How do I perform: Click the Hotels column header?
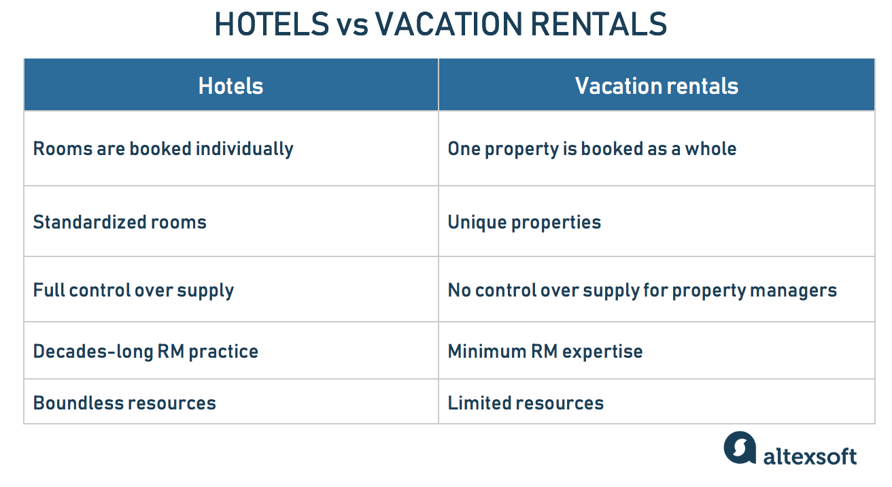coord(230,86)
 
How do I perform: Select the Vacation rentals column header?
coord(656,86)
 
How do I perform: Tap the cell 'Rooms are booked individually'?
coord(163,149)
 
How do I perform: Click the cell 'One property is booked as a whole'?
coord(591,149)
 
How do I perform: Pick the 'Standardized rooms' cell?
coord(120,222)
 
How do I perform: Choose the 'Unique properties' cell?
coord(524,222)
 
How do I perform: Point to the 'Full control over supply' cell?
coord(133,290)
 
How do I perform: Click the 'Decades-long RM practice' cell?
coord(145,352)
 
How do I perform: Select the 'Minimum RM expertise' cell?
coord(545,352)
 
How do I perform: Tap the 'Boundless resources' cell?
coord(124,403)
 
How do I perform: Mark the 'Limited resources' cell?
coord(526,403)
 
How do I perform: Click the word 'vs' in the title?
coord(352,25)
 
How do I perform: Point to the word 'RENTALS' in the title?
coord(599,25)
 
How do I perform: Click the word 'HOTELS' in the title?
coord(271,25)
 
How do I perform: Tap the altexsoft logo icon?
coord(740,448)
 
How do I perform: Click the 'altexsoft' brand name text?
coord(810,456)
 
